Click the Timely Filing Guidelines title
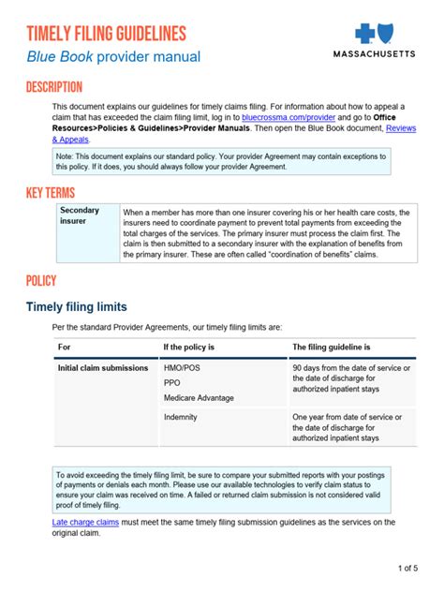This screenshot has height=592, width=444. point(105,35)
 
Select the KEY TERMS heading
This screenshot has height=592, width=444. point(51,193)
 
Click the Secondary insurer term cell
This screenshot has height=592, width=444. point(80,216)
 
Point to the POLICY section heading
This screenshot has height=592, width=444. point(41,280)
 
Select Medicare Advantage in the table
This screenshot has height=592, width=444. point(199,398)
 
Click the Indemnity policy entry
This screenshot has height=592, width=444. point(182,417)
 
